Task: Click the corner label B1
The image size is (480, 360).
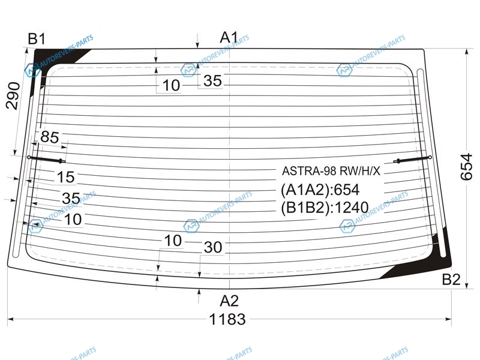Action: [37, 39]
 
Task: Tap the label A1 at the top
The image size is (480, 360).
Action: [229, 38]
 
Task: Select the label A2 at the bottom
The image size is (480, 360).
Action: [229, 301]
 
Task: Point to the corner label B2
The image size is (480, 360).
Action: [451, 279]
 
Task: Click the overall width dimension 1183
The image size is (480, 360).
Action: [227, 319]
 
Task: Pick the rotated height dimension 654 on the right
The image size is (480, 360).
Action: [466, 167]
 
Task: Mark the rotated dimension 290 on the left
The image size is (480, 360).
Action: [13, 95]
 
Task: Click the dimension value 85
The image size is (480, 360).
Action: [49, 137]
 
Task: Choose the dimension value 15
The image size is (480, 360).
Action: [66, 177]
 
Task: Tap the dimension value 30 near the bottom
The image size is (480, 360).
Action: [213, 247]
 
